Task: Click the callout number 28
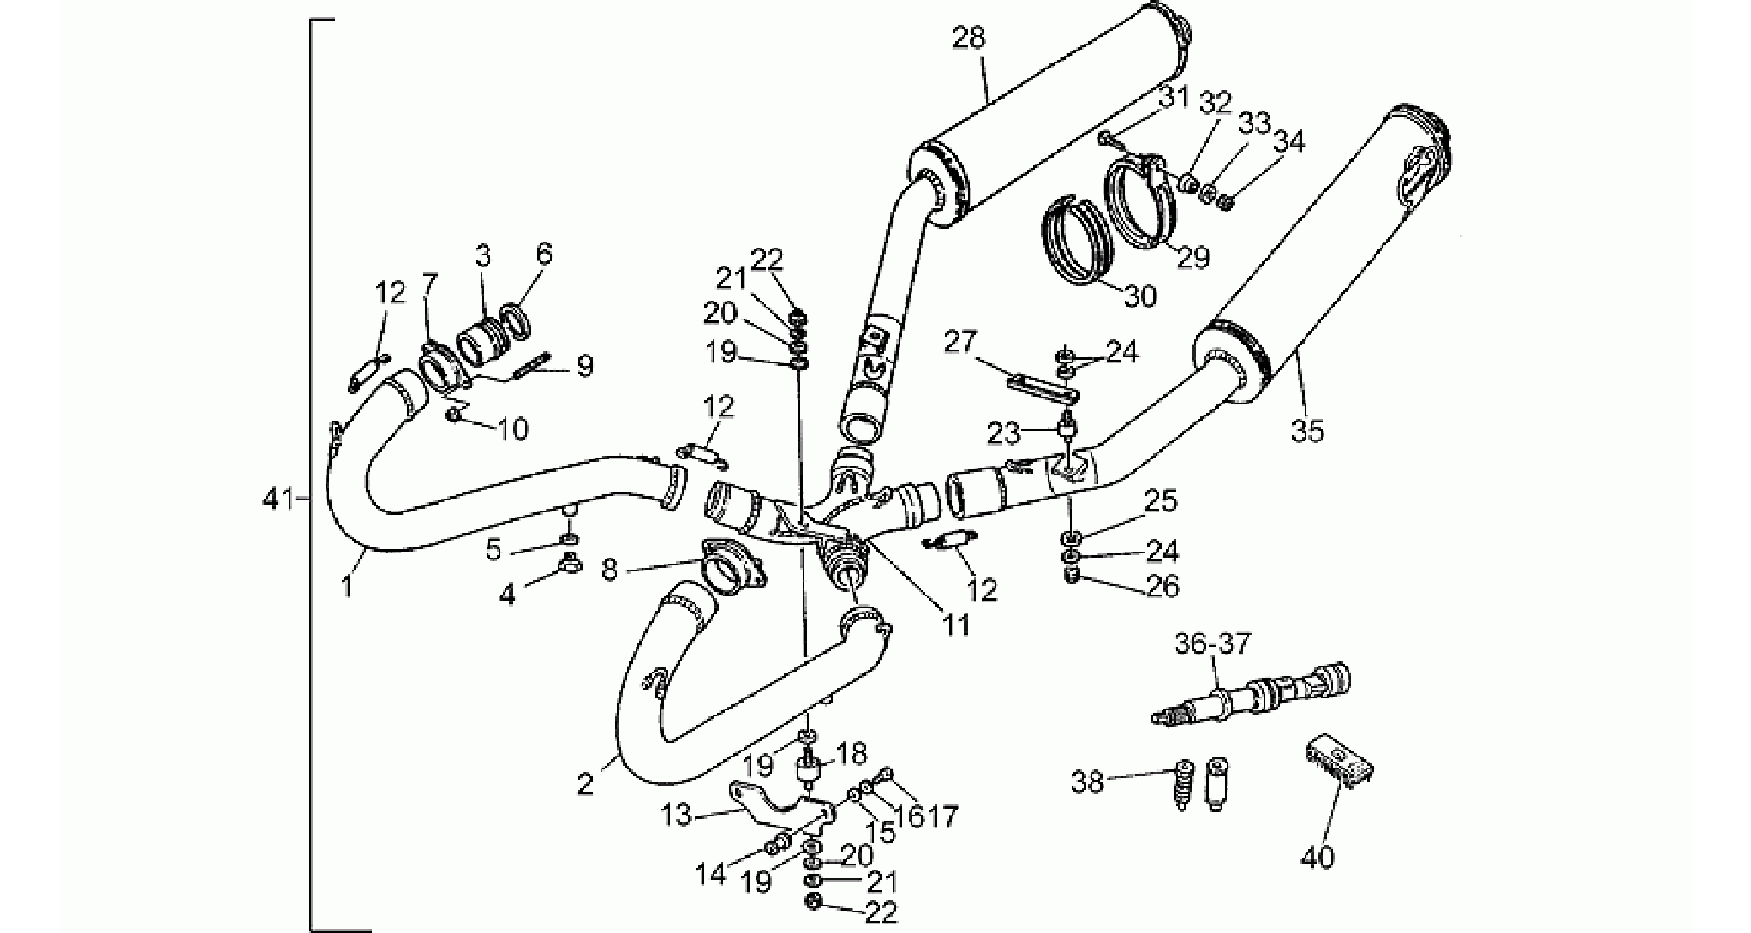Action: (968, 38)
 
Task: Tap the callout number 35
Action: (1307, 429)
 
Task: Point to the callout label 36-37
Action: (1212, 643)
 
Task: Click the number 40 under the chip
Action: (1318, 856)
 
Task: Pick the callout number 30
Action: (1139, 296)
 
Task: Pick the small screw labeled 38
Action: (1182, 785)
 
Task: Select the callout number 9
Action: (585, 367)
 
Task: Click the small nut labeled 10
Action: (456, 416)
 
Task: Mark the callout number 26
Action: (1162, 586)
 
